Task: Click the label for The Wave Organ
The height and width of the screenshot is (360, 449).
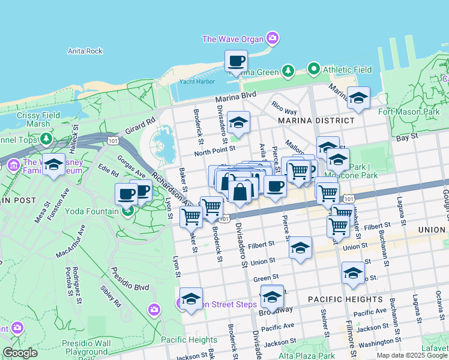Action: pyautogui.click(x=233, y=40)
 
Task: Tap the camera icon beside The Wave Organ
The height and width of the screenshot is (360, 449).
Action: pyautogui.click(x=273, y=40)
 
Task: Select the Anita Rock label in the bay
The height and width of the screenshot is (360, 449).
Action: pyautogui.click(x=85, y=51)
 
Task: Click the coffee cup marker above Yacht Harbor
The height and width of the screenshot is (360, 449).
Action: pyautogui.click(x=236, y=61)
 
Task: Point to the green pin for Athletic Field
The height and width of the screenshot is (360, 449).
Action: pyautogui.click(x=313, y=70)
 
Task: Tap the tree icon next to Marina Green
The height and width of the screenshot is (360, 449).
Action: pyautogui.click(x=288, y=72)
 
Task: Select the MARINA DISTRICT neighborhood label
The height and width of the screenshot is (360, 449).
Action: pyautogui.click(x=316, y=121)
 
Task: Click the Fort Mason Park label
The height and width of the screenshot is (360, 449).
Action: pyautogui.click(x=409, y=112)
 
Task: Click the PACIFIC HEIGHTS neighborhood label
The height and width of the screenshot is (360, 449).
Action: pyautogui.click(x=345, y=299)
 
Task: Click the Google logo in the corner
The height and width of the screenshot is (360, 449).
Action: pyautogui.click(x=20, y=353)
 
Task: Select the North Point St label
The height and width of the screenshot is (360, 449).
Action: pyautogui.click(x=215, y=149)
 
